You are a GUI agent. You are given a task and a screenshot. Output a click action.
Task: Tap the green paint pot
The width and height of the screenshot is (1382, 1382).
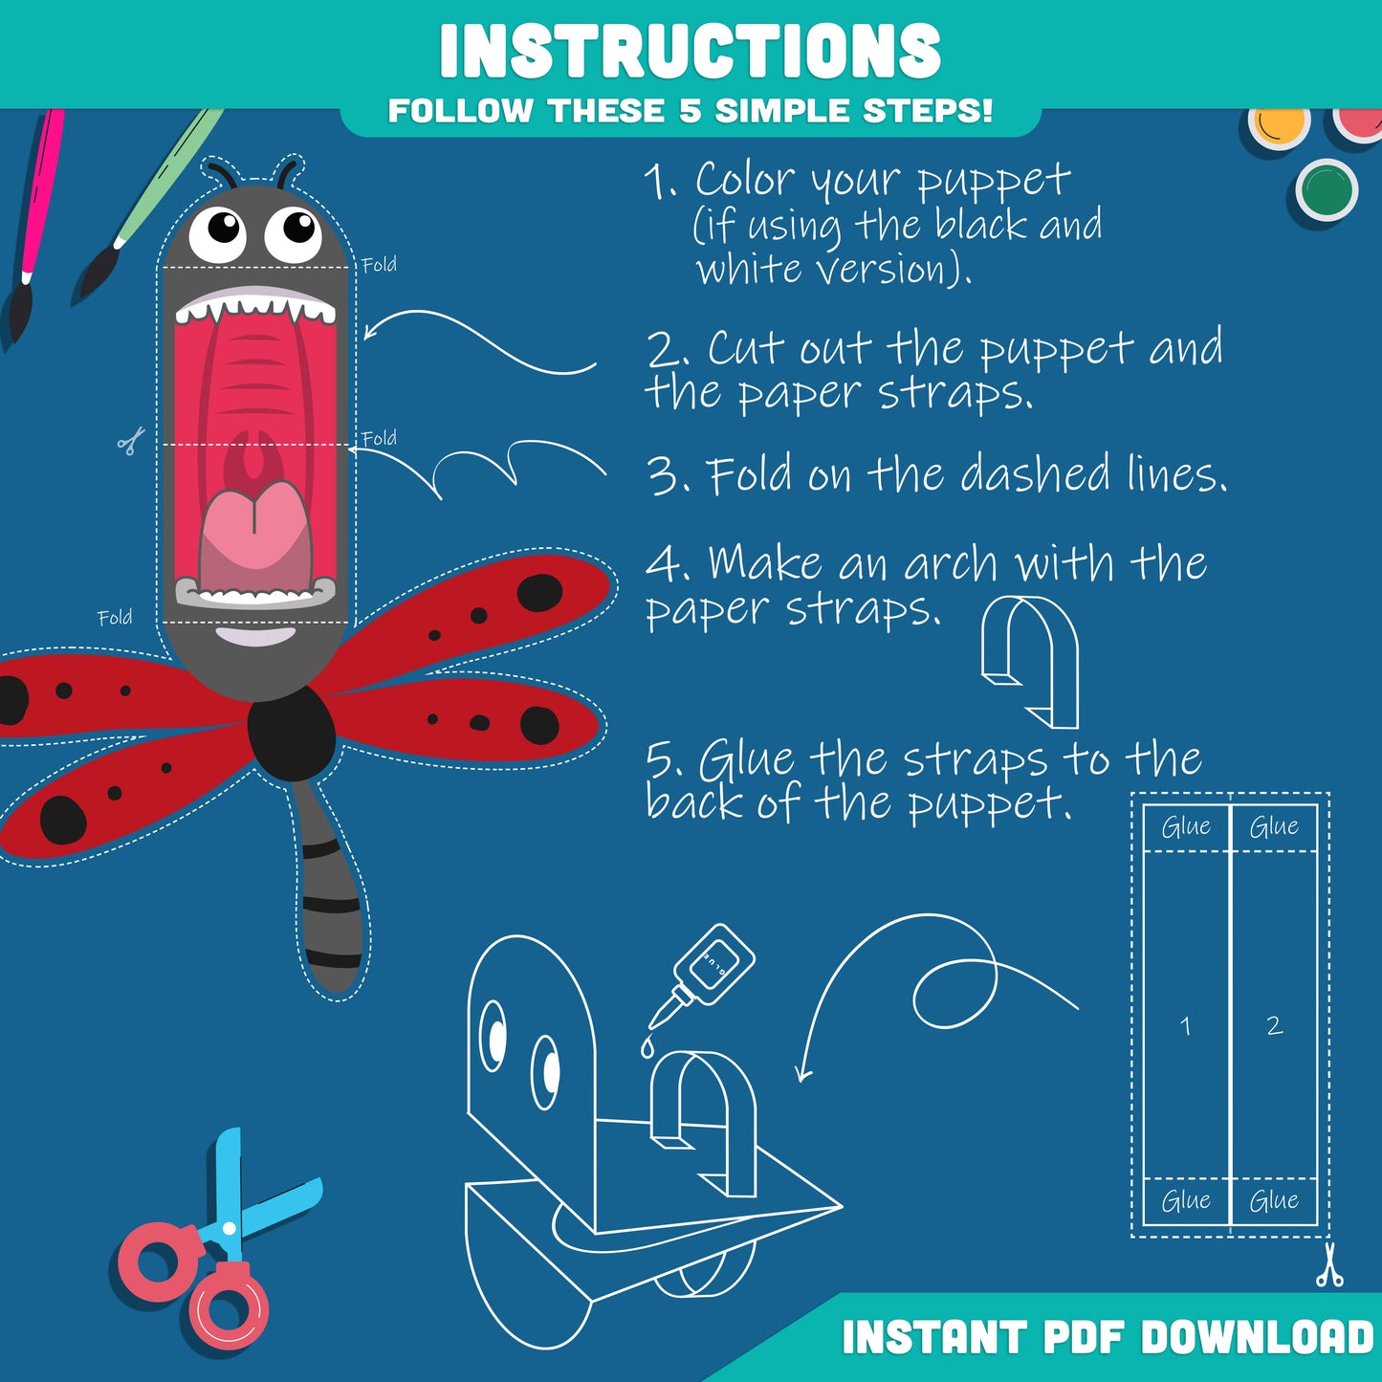1327,190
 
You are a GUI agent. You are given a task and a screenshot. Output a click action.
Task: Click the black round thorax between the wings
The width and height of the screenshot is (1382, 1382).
291,733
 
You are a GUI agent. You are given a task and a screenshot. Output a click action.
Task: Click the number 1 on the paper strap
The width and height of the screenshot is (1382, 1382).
1185,1026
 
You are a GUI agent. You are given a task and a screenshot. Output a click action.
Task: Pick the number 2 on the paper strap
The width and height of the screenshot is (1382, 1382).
1274,1025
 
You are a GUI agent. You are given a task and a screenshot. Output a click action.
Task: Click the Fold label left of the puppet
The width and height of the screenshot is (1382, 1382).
115,617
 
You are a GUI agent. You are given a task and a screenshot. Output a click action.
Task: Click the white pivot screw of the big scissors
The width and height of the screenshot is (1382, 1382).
229,1229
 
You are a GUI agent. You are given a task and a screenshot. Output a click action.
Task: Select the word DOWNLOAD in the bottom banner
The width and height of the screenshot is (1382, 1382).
1257,1338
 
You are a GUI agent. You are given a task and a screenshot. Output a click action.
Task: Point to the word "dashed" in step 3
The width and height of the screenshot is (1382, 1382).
1037,474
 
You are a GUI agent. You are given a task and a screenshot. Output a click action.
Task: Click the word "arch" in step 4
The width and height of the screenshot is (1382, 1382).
950,563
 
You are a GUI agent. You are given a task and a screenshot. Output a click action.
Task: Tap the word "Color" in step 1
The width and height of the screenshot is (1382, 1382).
745,179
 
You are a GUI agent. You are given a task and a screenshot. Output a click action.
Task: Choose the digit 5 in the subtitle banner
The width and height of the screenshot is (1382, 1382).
690,111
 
